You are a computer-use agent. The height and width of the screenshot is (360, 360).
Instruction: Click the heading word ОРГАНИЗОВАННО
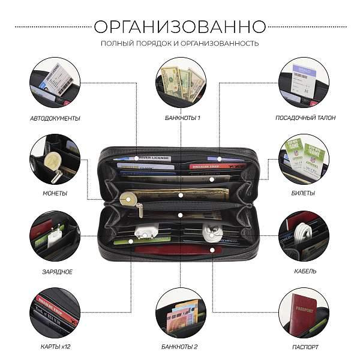click(180, 27)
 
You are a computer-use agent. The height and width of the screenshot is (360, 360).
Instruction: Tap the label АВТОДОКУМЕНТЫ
click(55, 118)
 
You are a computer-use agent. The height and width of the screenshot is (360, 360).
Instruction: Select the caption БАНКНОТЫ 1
click(181, 118)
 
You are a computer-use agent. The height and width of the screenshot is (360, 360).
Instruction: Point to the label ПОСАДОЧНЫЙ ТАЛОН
click(305, 118)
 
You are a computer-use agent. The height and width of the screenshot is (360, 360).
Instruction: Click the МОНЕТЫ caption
click(55, 193)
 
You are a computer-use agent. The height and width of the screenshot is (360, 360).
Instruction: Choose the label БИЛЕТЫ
click(305, 193)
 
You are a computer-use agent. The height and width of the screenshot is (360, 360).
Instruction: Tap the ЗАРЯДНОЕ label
click(55, 271)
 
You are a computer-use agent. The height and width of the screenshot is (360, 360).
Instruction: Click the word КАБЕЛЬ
click(305, 271)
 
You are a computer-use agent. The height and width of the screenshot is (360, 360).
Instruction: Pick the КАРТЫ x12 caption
click(55, 347)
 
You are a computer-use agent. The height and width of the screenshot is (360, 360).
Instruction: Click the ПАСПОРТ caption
click(305, 347)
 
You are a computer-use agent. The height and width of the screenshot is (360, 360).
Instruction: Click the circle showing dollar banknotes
click(181, 83)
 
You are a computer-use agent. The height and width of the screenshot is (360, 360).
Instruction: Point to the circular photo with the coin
click(55, 159)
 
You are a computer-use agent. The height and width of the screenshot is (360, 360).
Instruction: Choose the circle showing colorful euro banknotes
click(181, 312)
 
